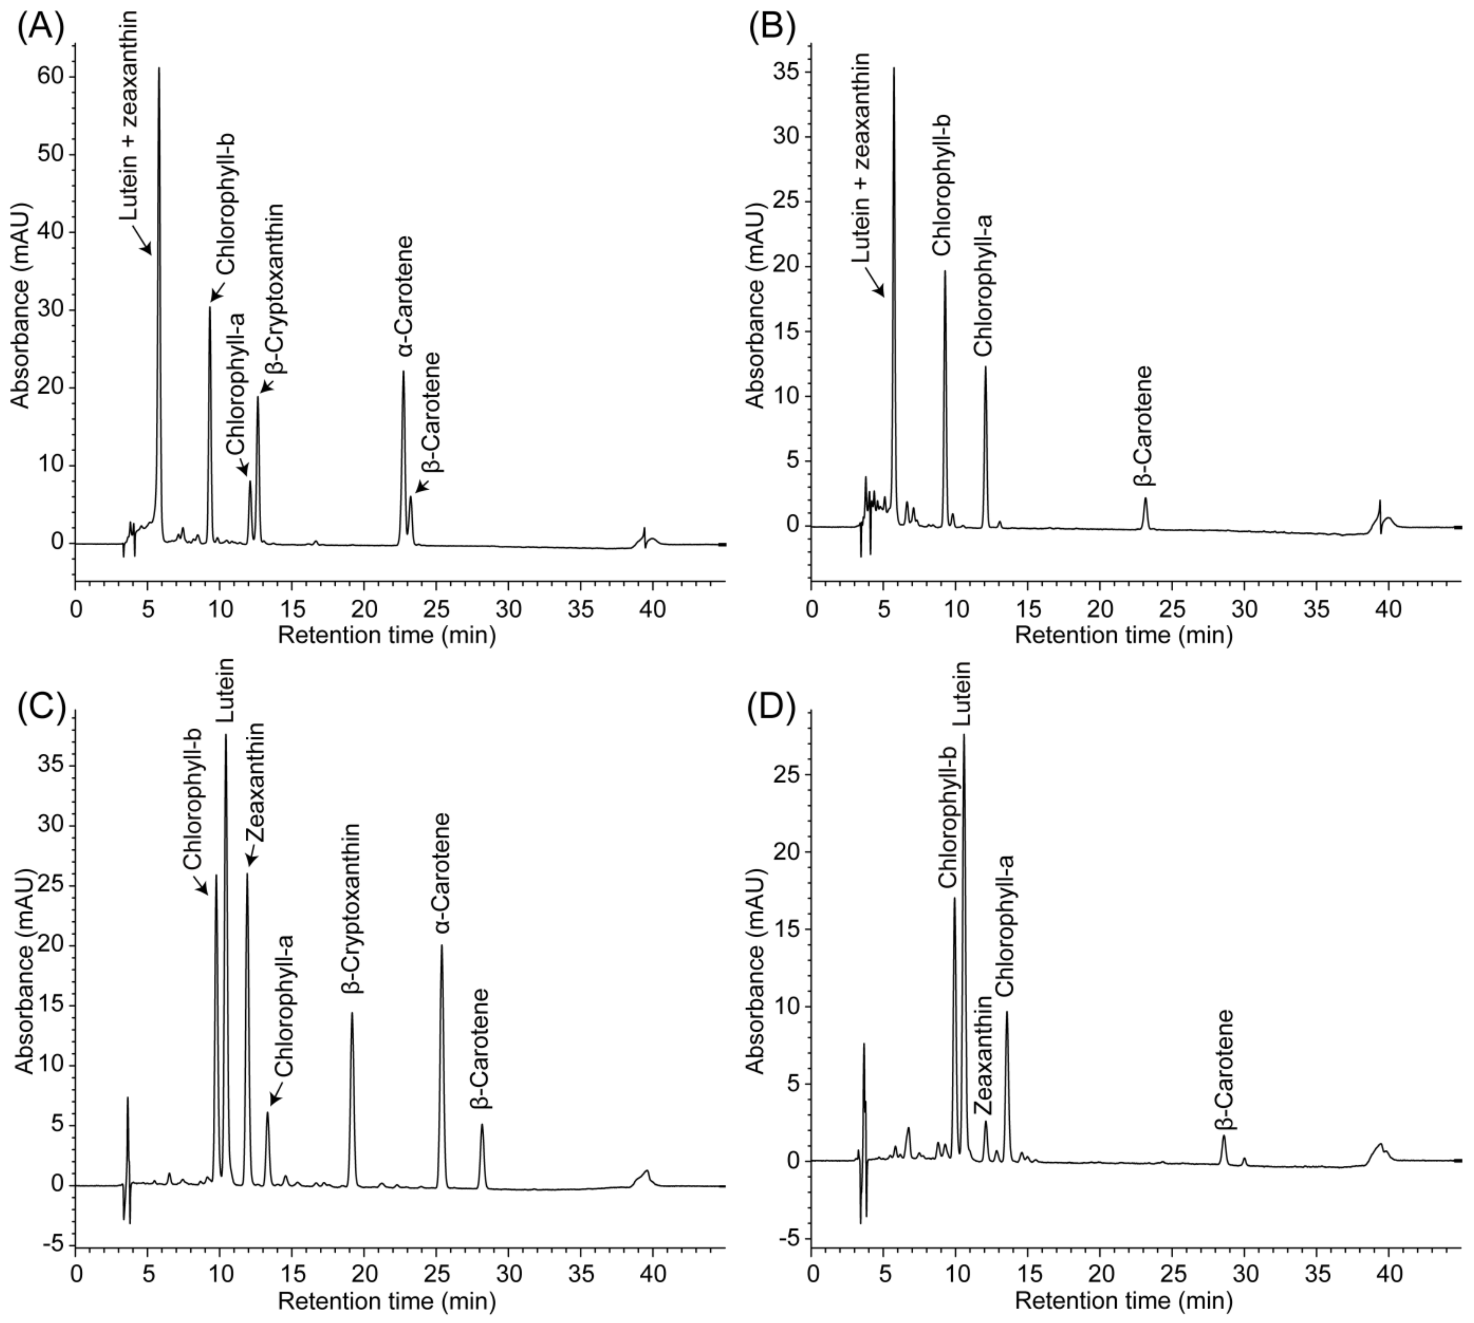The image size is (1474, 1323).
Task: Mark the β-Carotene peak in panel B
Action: (1145, 499)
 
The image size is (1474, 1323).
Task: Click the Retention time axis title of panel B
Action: (1123, 635)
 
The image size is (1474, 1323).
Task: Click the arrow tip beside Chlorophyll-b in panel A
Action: (212, 300)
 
